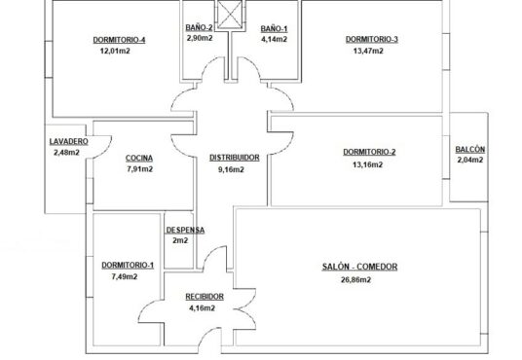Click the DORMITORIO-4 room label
(x=119, y=40)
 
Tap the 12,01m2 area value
(x=115, y=51)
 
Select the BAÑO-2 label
(x=199, y=27)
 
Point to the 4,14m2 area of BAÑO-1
(x=274, y=39)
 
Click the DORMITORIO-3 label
(x=371, y=39)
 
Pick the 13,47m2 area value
(x=368, y=51)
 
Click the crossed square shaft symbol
(x=230, y=15)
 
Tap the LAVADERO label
(x=69, y=141)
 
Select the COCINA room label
(x=139, y=158)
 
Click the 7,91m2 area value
(x=140, y=169)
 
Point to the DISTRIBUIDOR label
(x=235, y=158)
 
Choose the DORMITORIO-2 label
(x=369, y=152)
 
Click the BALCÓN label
(x=470, y=150)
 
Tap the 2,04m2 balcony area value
(x=470, y=160)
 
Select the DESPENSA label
(x=185, y=230)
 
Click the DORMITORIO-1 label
(x=128, y=266)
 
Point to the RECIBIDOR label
(x=205, y=297)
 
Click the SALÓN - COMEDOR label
(x=359, y=267)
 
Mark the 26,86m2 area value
(x=355, y=280)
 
